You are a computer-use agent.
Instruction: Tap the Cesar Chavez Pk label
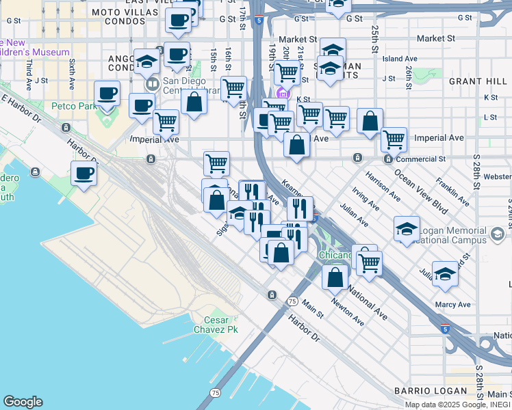click(x=220, y=325)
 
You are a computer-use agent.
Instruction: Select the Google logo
click(x=23, y=402)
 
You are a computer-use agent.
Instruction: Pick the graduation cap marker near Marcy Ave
click(x=445, y=276)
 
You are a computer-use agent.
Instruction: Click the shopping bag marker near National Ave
click(x=335, y=277)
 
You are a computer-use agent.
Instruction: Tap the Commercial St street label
click(x=420, y=159)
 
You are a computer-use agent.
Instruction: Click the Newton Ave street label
click(x=347, y=310)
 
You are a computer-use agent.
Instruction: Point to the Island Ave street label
click(x=400, y=59)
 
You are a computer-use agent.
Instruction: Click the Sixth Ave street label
click(x=72, y=74)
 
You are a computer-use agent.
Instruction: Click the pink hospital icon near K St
click(x=281, y=94)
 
